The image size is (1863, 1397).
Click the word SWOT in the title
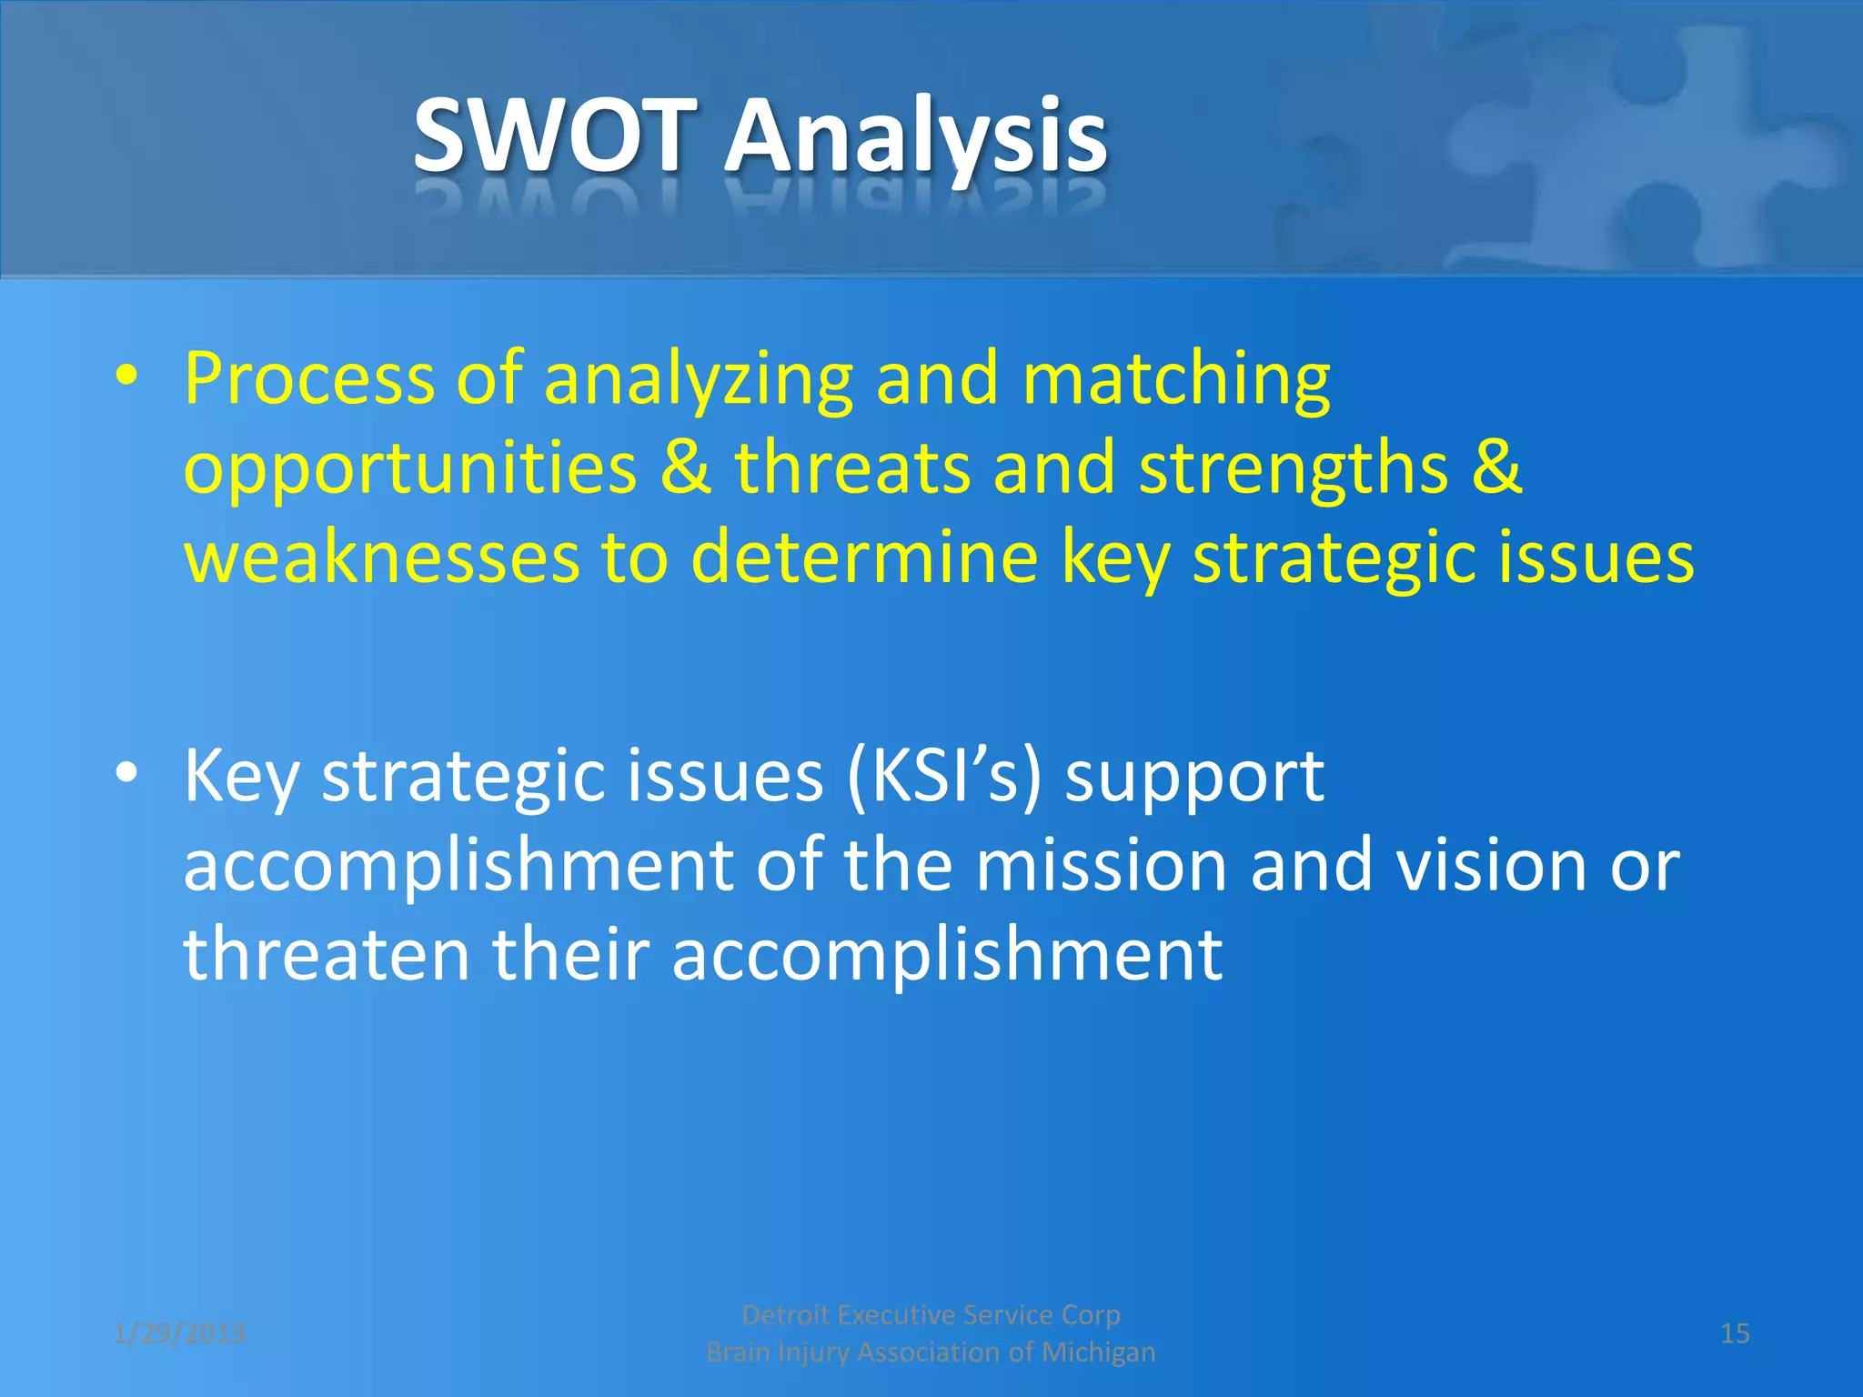coord(555,136)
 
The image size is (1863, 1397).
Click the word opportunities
coord(410,469)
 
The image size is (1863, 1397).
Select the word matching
coord(1176,380)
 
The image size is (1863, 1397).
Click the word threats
coord(852,467)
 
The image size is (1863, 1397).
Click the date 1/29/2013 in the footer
coord(179,1333)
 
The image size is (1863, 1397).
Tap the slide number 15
coord(1735,1333)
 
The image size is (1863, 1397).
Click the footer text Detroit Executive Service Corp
coord(931,1314)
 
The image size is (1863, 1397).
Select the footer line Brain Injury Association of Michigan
coord(931,1352)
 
